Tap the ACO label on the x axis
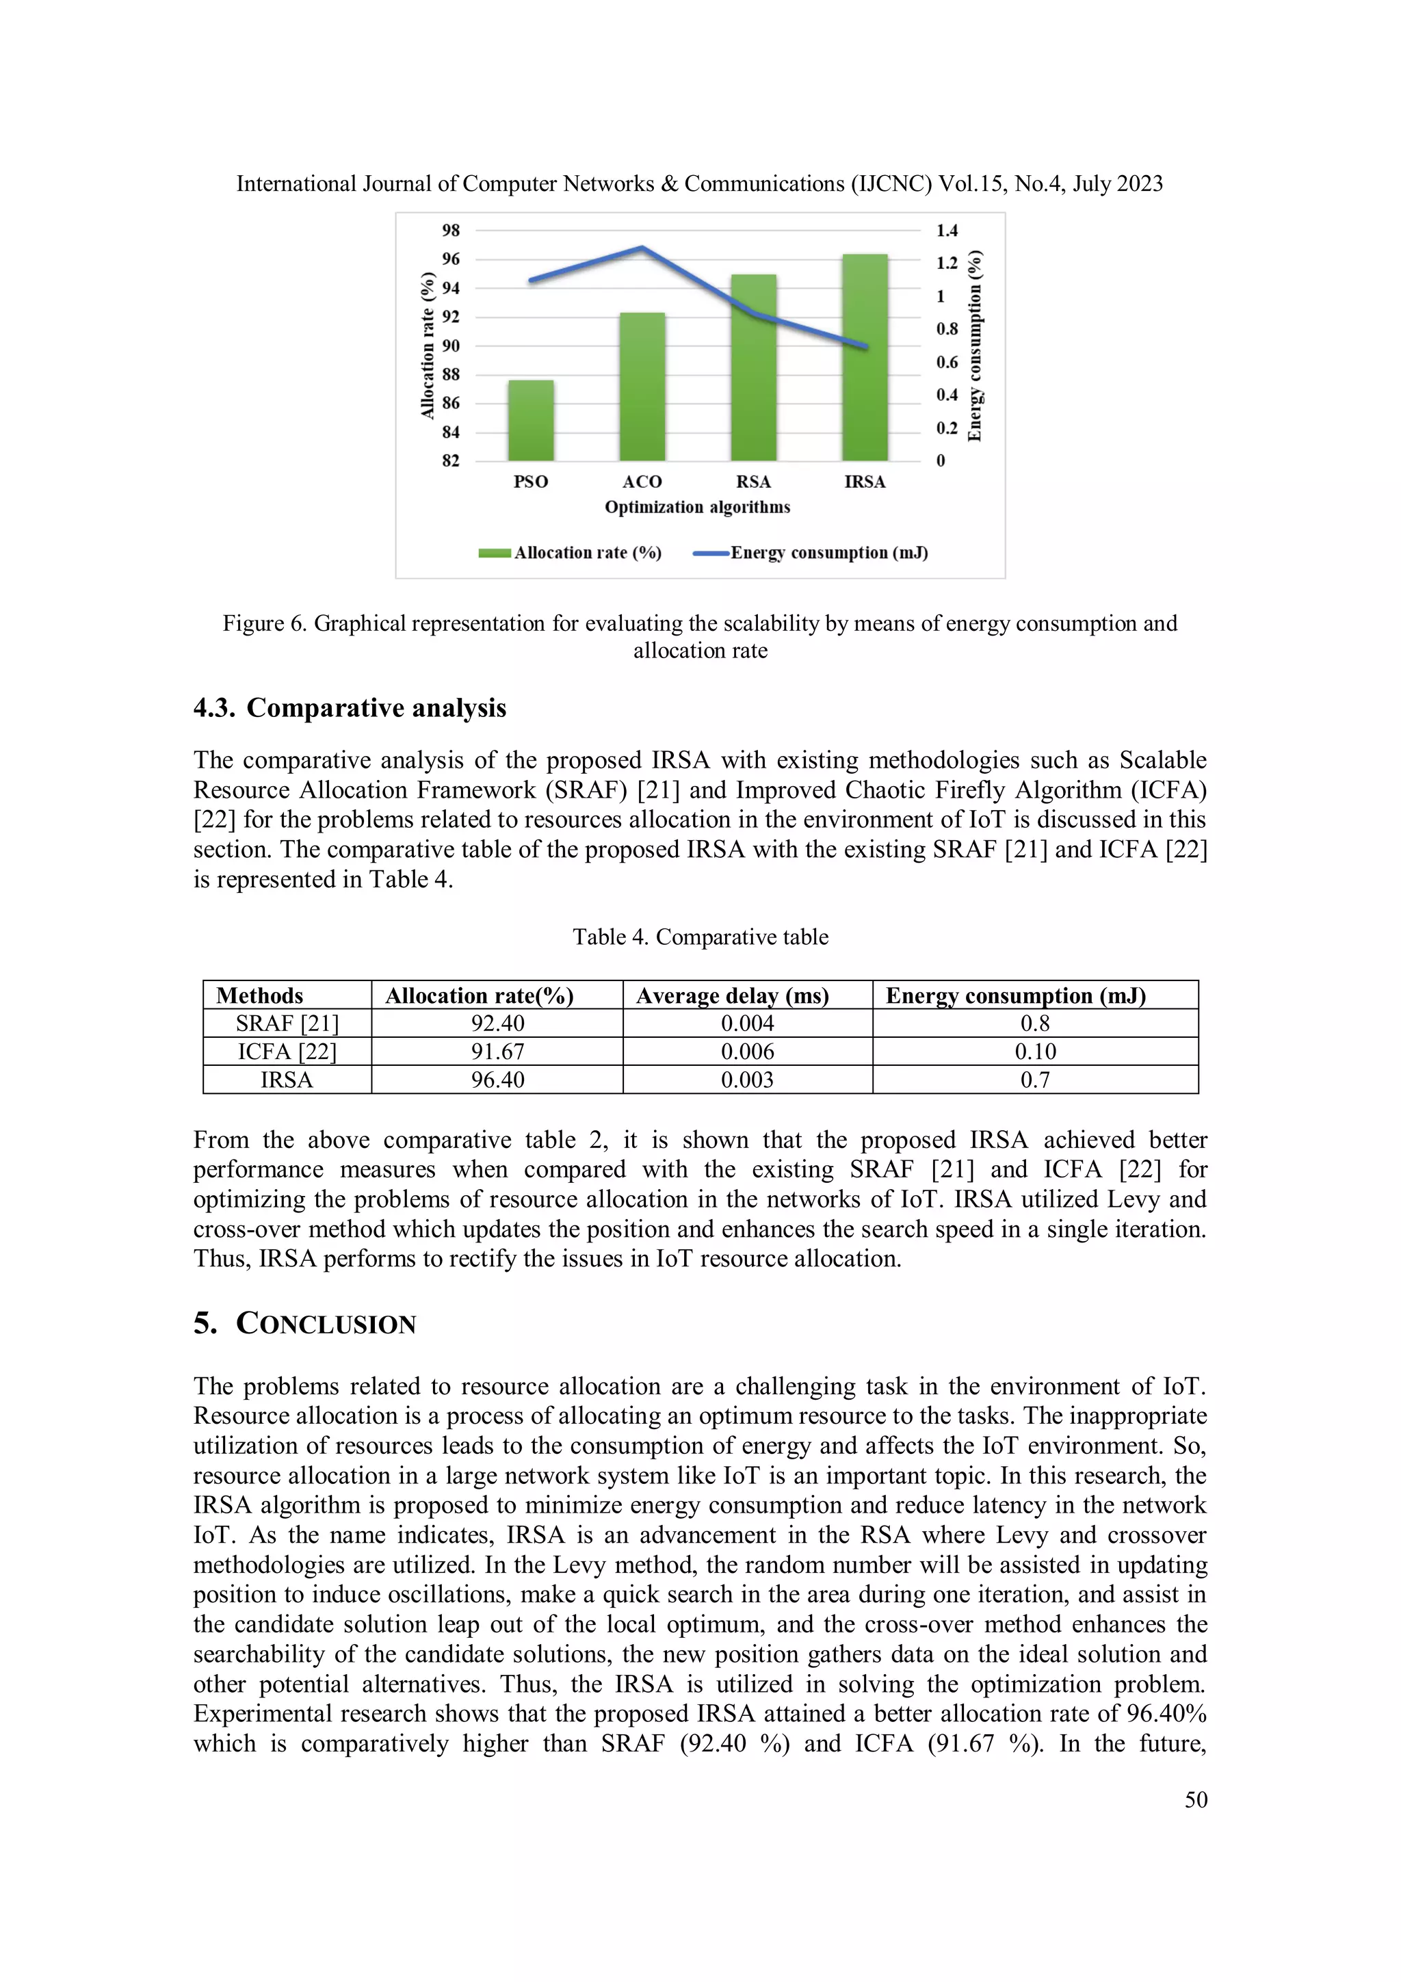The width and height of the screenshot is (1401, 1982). point(642,482)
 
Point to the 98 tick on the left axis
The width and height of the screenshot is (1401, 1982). point(451,231)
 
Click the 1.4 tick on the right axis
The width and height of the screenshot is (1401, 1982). point(947,231)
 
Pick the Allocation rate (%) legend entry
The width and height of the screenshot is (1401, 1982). point(571,553)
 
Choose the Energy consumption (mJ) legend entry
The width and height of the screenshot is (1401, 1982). point(811,553)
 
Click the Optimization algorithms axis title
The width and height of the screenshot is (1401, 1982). point(698,507)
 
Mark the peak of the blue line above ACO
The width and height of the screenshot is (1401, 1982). point(642,248)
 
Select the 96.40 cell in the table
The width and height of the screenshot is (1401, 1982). point(497,1080)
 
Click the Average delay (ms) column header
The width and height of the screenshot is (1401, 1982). point(732,995)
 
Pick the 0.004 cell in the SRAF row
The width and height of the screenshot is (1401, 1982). point(748,1023)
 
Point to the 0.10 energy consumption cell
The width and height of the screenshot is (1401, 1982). point(1035,1052)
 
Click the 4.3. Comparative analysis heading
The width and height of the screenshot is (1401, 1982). point(350,708)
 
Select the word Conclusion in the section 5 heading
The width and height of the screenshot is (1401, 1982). point(326,1323)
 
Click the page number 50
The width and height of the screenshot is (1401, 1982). point(1196,1799)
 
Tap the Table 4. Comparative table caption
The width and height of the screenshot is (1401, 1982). point(700,937)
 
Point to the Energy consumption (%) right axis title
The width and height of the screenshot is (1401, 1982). point(975,345)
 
